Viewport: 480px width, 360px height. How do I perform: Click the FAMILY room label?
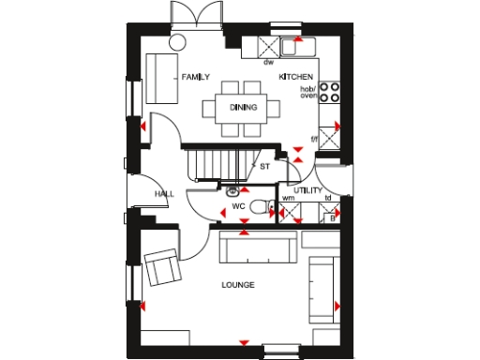click(x=195, y=77)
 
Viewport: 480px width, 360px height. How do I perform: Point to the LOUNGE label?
click(x=238, y=284)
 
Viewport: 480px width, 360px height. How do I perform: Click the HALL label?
click(x=165, y=194)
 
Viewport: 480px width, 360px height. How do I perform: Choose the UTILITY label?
click(x=307, y=189)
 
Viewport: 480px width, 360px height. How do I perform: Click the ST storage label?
click(x=264, y=166)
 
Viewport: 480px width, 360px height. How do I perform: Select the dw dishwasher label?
click(x=268, y=63)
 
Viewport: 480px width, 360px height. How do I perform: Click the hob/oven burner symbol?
click(x=330, y=92)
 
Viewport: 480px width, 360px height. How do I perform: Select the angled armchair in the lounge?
click(x=162, y=266)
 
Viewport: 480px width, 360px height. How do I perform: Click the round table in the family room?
click(x=178, y=40)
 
